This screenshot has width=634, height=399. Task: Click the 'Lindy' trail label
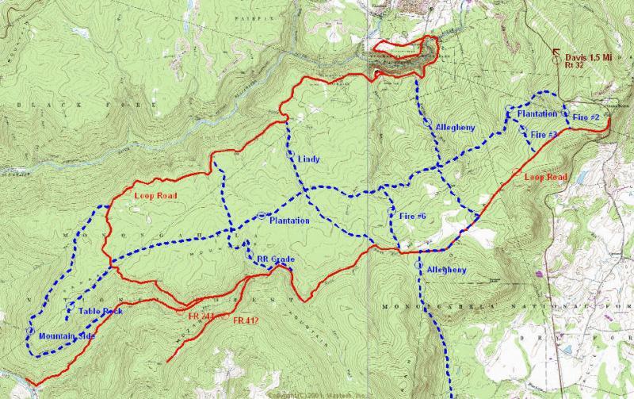[x=309, y=159]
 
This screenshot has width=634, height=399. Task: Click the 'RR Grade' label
[x=275, y=259]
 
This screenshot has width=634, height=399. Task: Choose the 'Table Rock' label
[x=101, y=311]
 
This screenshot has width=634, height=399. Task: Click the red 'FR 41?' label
[x=249, y=321]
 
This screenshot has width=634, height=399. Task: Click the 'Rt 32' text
[x=575, y=66]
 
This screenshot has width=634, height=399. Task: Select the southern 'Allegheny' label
[x=448, y=270]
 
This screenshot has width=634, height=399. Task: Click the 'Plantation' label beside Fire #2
[x=537, y=114]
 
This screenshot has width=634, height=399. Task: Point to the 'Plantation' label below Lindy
[x=289, y=221]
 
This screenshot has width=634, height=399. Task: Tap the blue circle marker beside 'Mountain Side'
[x=31, y=330]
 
